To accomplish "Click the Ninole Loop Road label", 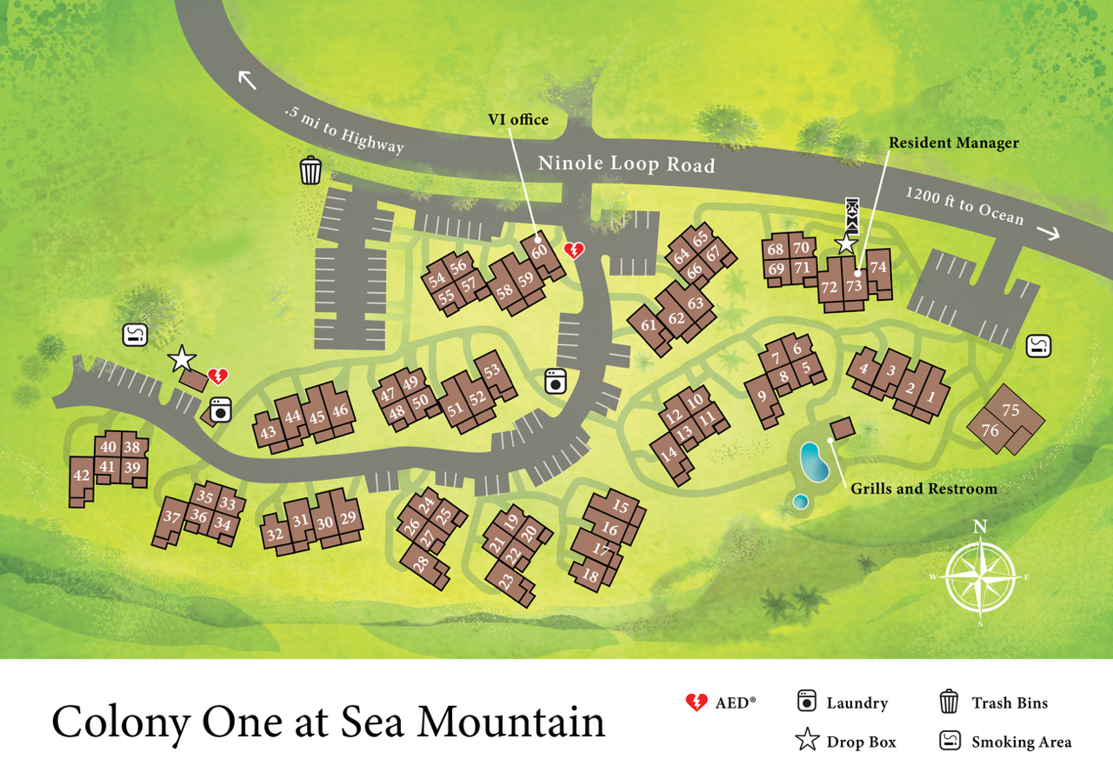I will tap(626, 163).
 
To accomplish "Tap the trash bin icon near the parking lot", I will tap(310, 170).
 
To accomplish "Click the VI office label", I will tap(517, 119).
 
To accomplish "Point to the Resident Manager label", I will tap(952, 143).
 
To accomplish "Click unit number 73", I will tap(854, 285).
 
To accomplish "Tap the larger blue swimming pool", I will tap(814, 462).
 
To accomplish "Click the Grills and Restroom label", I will tap(923, 489).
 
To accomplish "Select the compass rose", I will tap(980, 576).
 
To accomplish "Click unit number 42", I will tap(81, 475).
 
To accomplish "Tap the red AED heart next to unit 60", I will tap(574, 251).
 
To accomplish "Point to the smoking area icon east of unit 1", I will tap(1039, 346).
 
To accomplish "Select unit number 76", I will tap(990, 430).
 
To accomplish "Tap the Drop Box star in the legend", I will tap(807, 741).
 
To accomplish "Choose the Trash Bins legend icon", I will tap(949, 702).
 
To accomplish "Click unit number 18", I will tap(590, 575).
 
